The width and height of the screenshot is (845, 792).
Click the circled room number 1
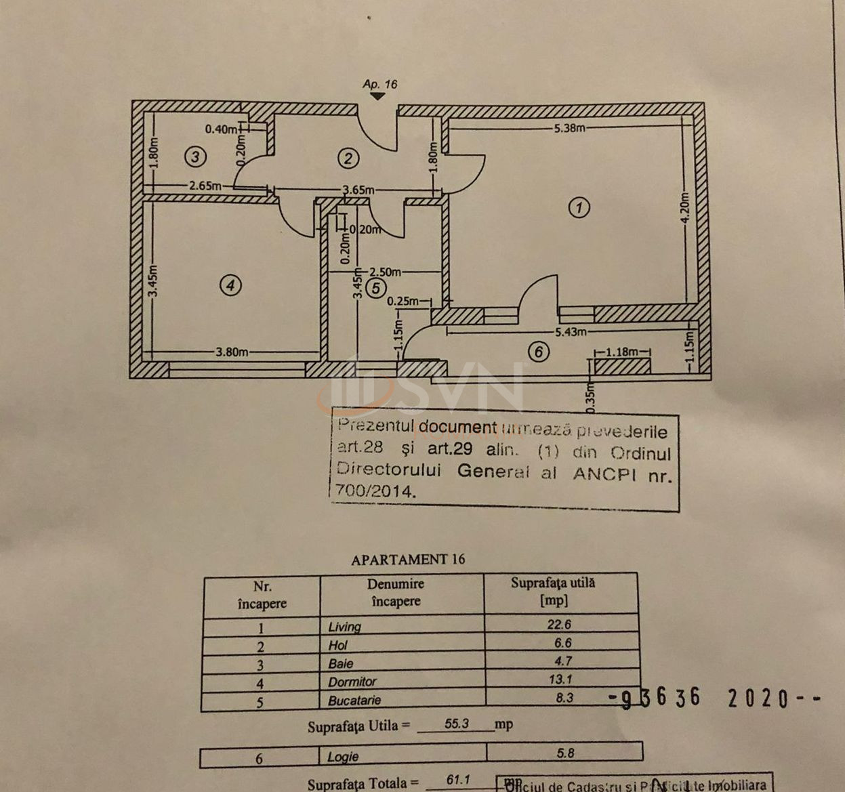tap(579, 207)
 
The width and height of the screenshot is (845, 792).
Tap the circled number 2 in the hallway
tap(348, 159)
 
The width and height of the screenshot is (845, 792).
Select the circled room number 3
tap(195, 157)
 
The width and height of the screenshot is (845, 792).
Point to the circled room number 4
tap(230, 285)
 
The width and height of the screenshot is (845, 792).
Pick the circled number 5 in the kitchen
tap(375, 289)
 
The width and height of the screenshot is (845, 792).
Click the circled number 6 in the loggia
tap(539, 352)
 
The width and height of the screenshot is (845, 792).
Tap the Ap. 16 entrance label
tap(379, 85)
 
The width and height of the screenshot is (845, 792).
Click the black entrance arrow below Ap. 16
tap(377, 97)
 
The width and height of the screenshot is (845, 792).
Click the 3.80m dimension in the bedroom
tap(232, 352)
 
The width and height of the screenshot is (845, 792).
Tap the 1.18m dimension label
tap(622, 352)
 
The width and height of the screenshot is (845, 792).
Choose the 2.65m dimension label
tap(205, 185)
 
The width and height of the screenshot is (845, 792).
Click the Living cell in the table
tap(345, 627)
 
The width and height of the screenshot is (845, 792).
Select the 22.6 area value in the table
tap(559, 625)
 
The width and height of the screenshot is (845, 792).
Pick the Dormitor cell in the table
tap(352, 682)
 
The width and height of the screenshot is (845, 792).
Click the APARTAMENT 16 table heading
tap(408, 560)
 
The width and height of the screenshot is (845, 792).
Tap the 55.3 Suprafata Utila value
tap(457, 724)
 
